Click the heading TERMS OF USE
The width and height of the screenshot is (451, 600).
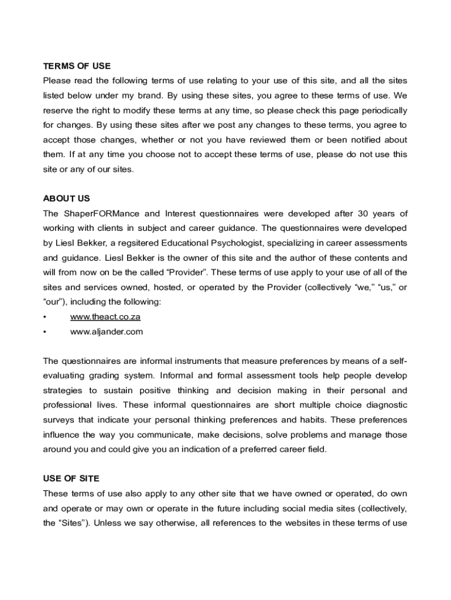tap(77, 66)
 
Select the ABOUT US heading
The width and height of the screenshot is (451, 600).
tap(66, 199)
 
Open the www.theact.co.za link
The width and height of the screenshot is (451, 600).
tap(105, 317)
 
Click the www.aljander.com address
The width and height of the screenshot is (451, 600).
tap(107, 332)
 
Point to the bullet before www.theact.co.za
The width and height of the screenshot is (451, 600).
tap(45, 317)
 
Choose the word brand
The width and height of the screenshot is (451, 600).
tap(151, 96)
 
